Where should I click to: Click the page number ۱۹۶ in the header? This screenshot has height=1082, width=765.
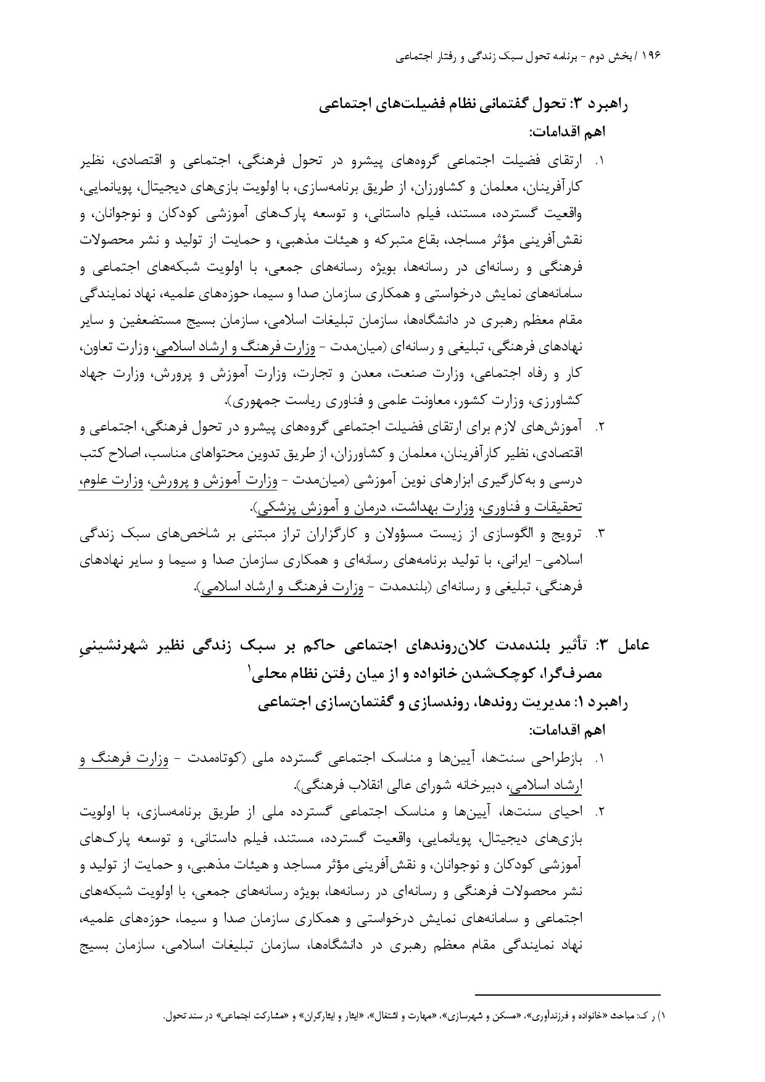tap(651, 56)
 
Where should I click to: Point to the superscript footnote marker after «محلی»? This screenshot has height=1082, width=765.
tap(250, 668)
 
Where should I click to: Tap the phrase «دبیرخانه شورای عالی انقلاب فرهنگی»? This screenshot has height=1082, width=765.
tap(399, 786)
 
